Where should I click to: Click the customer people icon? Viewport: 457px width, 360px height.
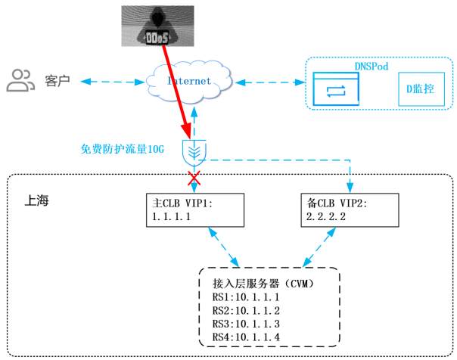tap(20, 79)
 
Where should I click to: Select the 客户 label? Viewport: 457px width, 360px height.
tap(58, 79)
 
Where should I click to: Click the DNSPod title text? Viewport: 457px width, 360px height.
tap(371, 67)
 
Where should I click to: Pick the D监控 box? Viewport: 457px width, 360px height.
tap(420, 90)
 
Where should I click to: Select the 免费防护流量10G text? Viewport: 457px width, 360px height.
tap(122, 148)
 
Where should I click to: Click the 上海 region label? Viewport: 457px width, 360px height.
tap(36, 201)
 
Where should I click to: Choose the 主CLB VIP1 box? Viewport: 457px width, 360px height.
tap(195, 209)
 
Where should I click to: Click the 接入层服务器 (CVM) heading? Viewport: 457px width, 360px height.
tap(261, 284)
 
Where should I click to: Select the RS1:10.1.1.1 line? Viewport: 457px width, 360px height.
tap(246, 298)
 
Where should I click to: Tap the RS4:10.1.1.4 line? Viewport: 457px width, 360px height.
tap(246, 337)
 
